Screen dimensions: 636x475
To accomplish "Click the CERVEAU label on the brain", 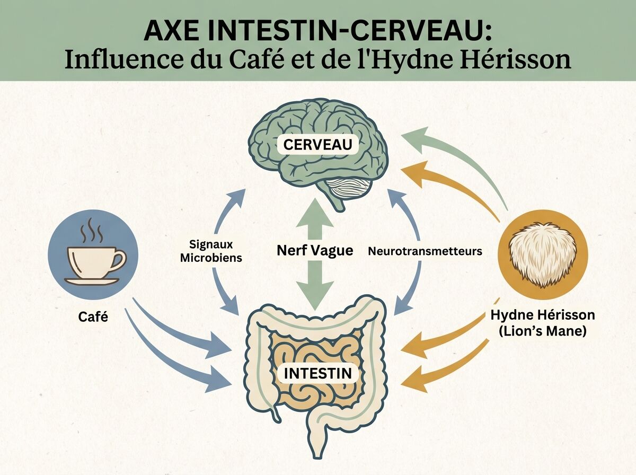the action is tap(317, 145).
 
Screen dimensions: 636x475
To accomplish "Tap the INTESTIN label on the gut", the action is tap(317, 373).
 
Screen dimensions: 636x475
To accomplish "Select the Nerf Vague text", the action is tap(315, 251).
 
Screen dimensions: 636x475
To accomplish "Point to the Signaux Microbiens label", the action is tap(211, 251).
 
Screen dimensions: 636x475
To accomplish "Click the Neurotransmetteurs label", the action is tap(425, 251).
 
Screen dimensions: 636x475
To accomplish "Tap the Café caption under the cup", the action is tap(93, 317).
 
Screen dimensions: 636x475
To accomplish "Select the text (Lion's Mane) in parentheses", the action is tap(543, 331).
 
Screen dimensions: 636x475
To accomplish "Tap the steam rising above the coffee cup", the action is tap(92, 231).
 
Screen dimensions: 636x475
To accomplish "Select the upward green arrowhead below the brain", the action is tap(315, 214).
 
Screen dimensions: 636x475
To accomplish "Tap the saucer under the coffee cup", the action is tap(92, 281).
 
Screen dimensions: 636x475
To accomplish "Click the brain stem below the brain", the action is tap(336, 203).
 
